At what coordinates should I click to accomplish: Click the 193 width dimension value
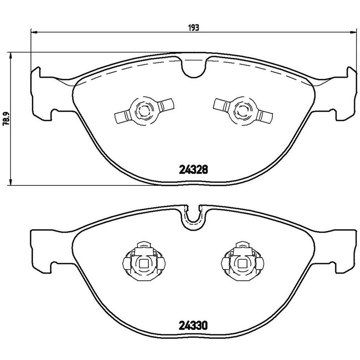click(x=194, y=28)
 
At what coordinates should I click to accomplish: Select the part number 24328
click(x=193, y=170)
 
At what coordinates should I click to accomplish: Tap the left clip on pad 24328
click(x=144, y=111)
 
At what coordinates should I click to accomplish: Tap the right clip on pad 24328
click(x=243, y=111)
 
